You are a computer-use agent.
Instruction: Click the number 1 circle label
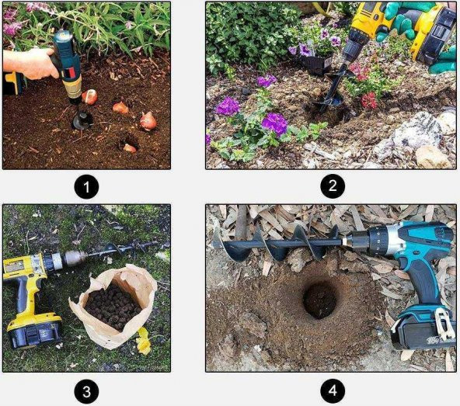pos(86,186)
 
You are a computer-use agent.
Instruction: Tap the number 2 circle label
pos(333,186)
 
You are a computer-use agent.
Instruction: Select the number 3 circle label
pos(86,391)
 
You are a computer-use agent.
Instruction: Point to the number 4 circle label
pos(333,391)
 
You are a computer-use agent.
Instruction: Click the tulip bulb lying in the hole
pos(130,148)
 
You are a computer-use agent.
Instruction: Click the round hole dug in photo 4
pos(320,300)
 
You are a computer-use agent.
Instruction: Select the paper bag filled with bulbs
pos(113,307)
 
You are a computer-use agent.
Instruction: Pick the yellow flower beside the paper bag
pos(144,341)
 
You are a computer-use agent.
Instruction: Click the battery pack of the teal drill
pos(423,329)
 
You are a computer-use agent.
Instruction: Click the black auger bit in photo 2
pos(330,90)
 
